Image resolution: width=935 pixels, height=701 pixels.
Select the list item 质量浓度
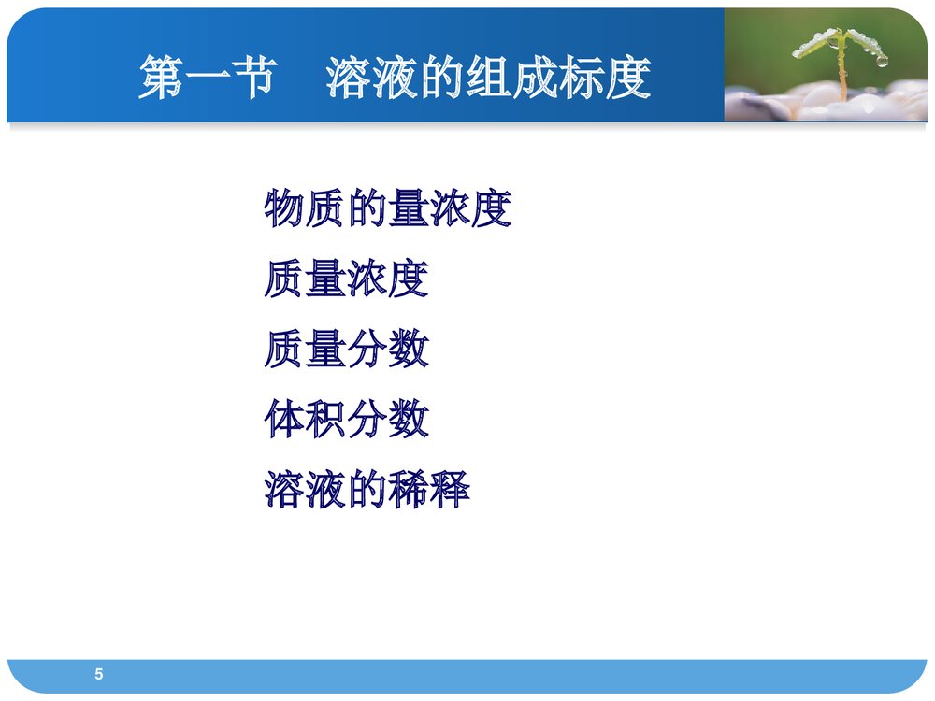[346, 279]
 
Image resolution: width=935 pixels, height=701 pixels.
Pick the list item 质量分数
[346, 350]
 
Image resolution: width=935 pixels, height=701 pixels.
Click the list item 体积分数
[346, 420]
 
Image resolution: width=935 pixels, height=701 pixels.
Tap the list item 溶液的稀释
[367, 490]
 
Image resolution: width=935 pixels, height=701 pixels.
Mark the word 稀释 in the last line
[428, 490]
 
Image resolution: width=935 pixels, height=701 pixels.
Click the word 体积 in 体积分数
[305, 420]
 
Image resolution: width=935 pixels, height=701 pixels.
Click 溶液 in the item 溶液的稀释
[305, 490]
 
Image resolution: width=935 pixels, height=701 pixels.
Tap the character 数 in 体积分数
[409, 420]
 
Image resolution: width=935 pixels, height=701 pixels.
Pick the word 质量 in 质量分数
[305, 350]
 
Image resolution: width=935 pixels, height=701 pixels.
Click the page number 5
[99, 675]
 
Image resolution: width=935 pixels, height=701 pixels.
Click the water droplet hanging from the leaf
[881, 61]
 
